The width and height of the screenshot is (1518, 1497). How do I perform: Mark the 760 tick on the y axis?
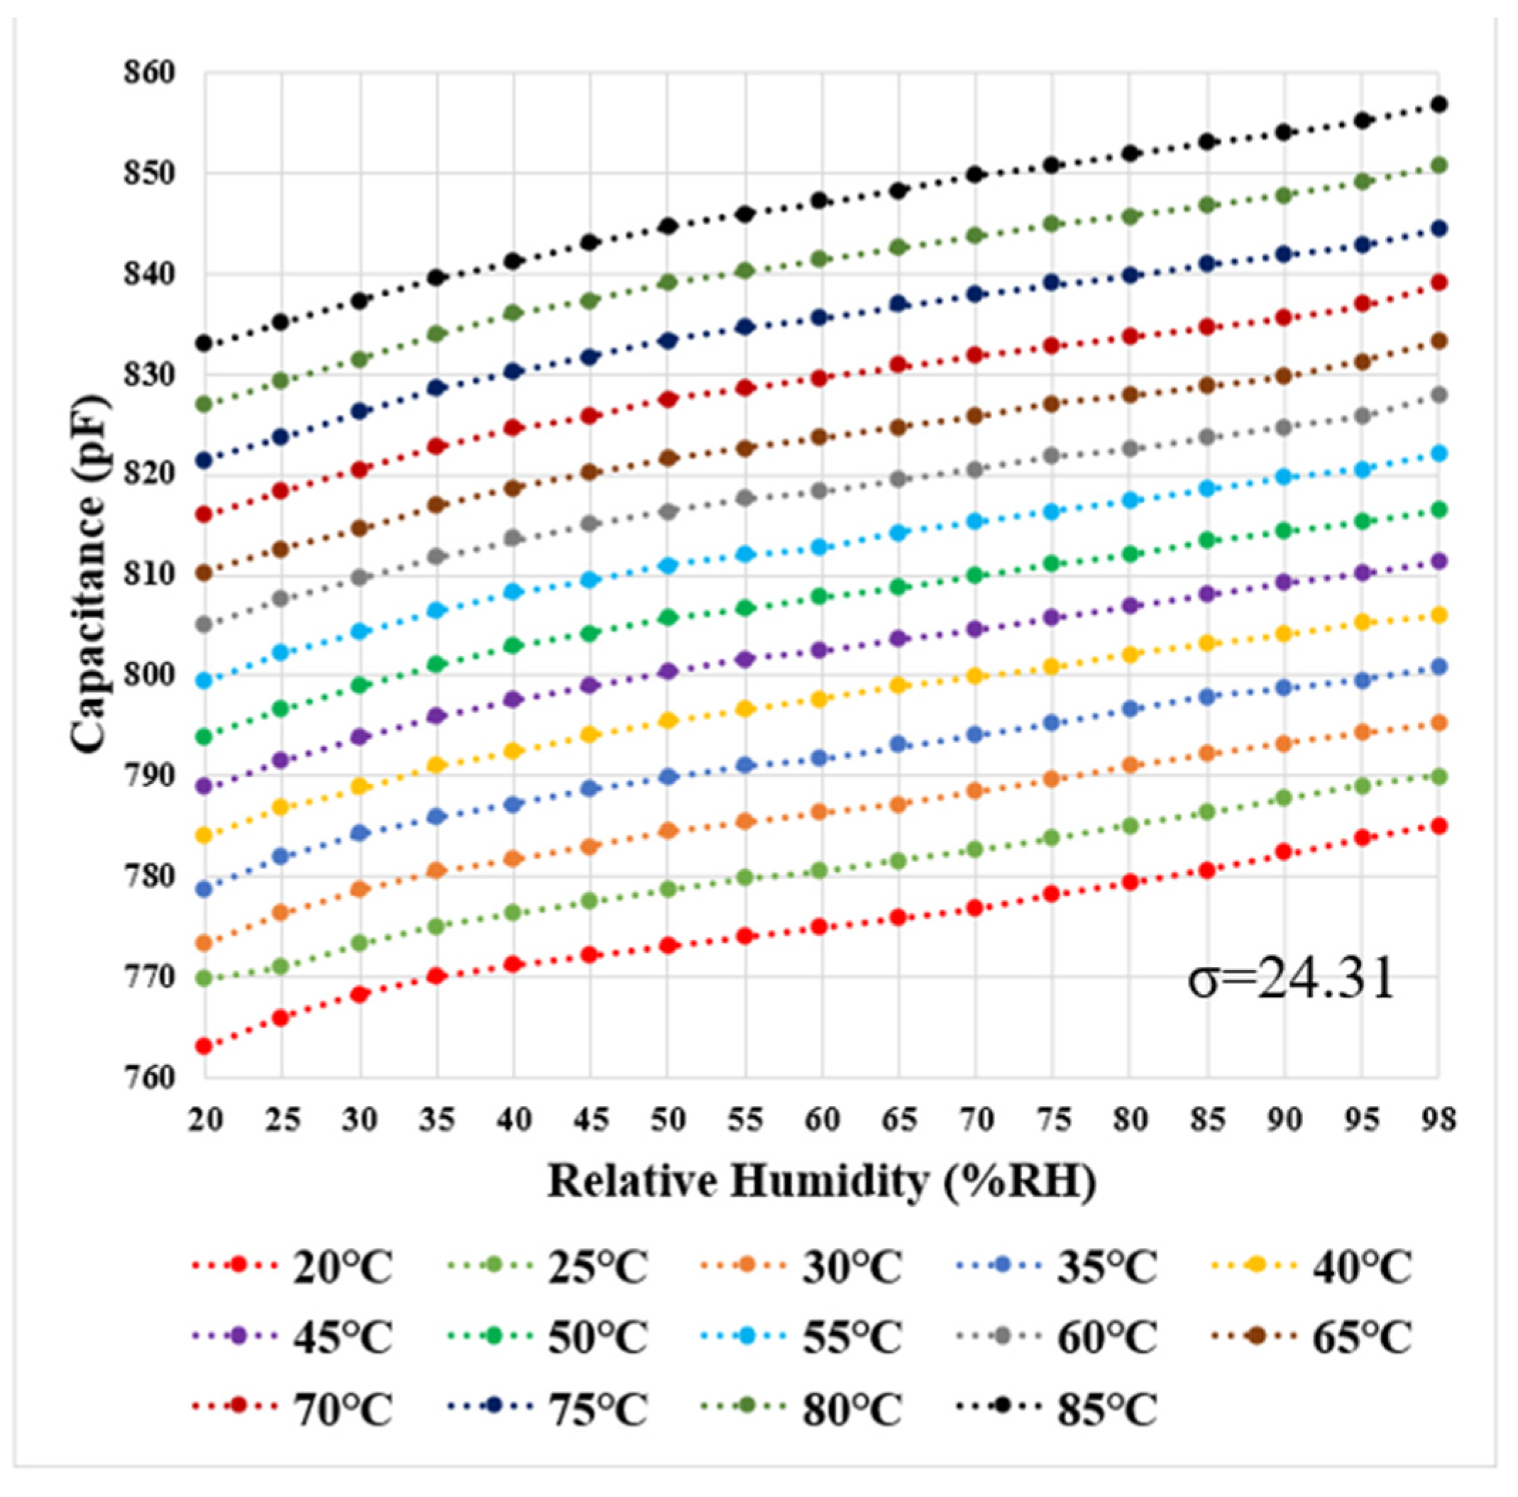point(149,1077)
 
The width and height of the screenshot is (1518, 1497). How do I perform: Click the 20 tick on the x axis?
point(205,1120)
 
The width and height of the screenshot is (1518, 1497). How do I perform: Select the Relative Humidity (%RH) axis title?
point(821,1182)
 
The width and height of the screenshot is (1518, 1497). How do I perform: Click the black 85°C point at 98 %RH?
point(1439,104)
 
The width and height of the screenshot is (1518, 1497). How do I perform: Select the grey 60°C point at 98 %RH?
point(1439,395)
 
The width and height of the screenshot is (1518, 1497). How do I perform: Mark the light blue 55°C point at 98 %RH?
point(1439,453)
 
